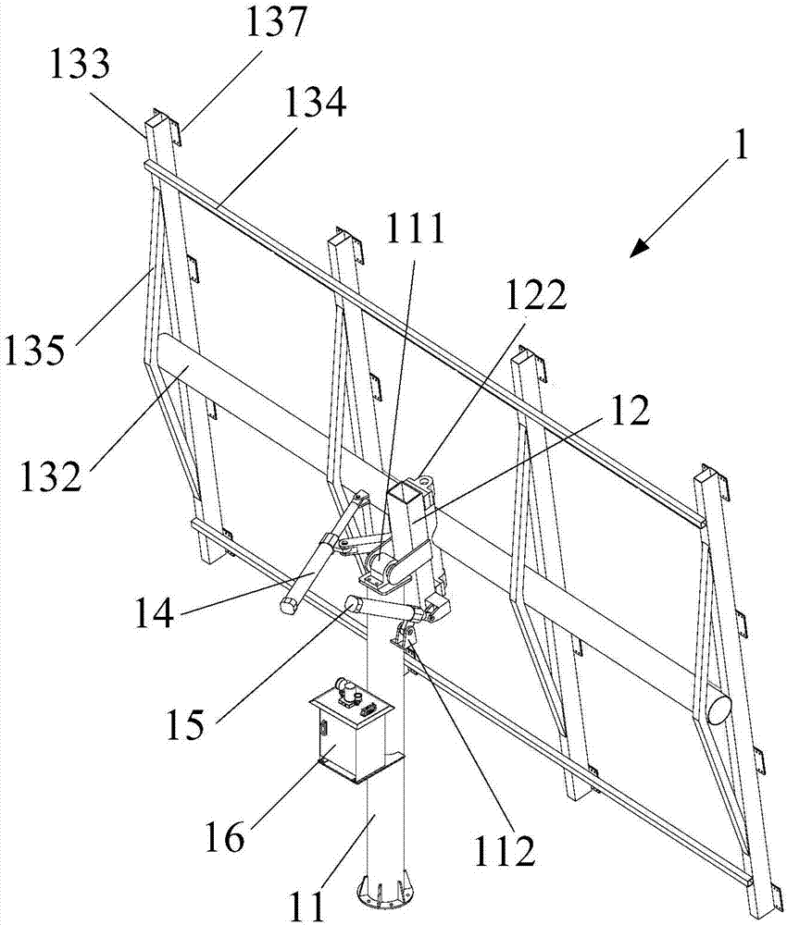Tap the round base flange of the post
point(382,894)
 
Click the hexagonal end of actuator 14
point(288,608)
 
